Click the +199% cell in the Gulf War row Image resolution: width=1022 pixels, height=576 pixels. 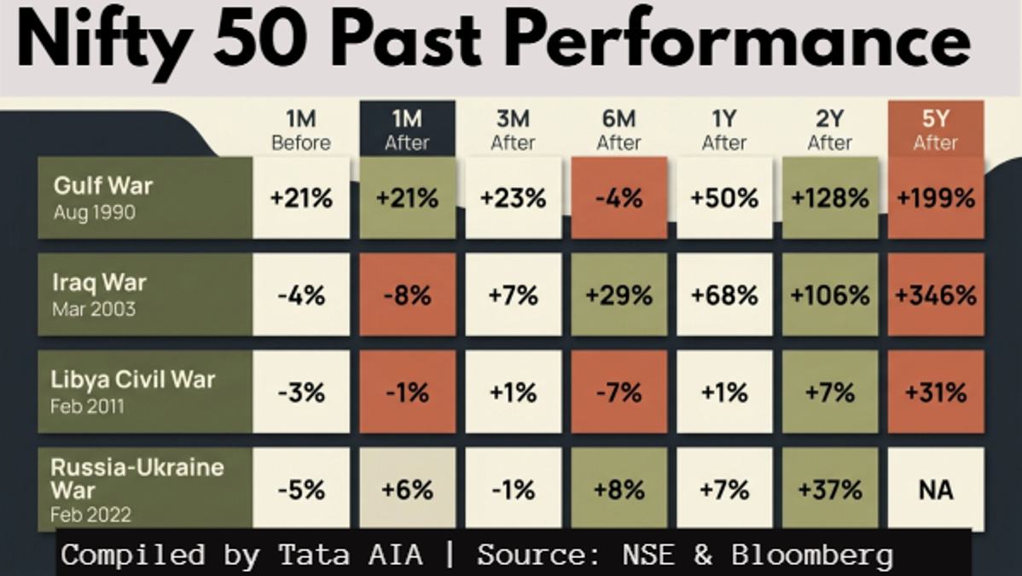click(935, 198)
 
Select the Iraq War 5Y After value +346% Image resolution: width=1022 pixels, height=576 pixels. click(935, 295)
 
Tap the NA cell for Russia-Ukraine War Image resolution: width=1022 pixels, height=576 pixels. click(935, 489)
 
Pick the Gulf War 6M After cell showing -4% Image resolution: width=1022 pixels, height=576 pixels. click(618, 198)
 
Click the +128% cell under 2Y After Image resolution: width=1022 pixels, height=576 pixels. click(830, 198)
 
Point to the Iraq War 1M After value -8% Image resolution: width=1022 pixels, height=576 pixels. click(408, 295)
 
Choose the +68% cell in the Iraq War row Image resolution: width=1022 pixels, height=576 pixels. click(724, 295)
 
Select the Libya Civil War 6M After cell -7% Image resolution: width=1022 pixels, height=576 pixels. click(618, 392)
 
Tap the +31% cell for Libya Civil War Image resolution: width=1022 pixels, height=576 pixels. click(935, 392)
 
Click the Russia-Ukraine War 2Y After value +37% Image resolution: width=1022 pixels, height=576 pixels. click(830, 489)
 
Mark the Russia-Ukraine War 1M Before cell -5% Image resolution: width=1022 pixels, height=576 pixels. click(301, 489)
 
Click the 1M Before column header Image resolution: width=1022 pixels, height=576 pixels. click(301, 130)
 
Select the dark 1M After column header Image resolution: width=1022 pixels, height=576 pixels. click(408, 129)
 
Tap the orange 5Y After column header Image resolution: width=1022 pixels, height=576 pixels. click(935, 129)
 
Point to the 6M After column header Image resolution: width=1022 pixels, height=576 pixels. click(618, 130)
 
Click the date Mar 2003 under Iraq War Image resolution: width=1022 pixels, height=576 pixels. click(94, 309)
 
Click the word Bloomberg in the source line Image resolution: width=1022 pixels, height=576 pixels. click(811, 556)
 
